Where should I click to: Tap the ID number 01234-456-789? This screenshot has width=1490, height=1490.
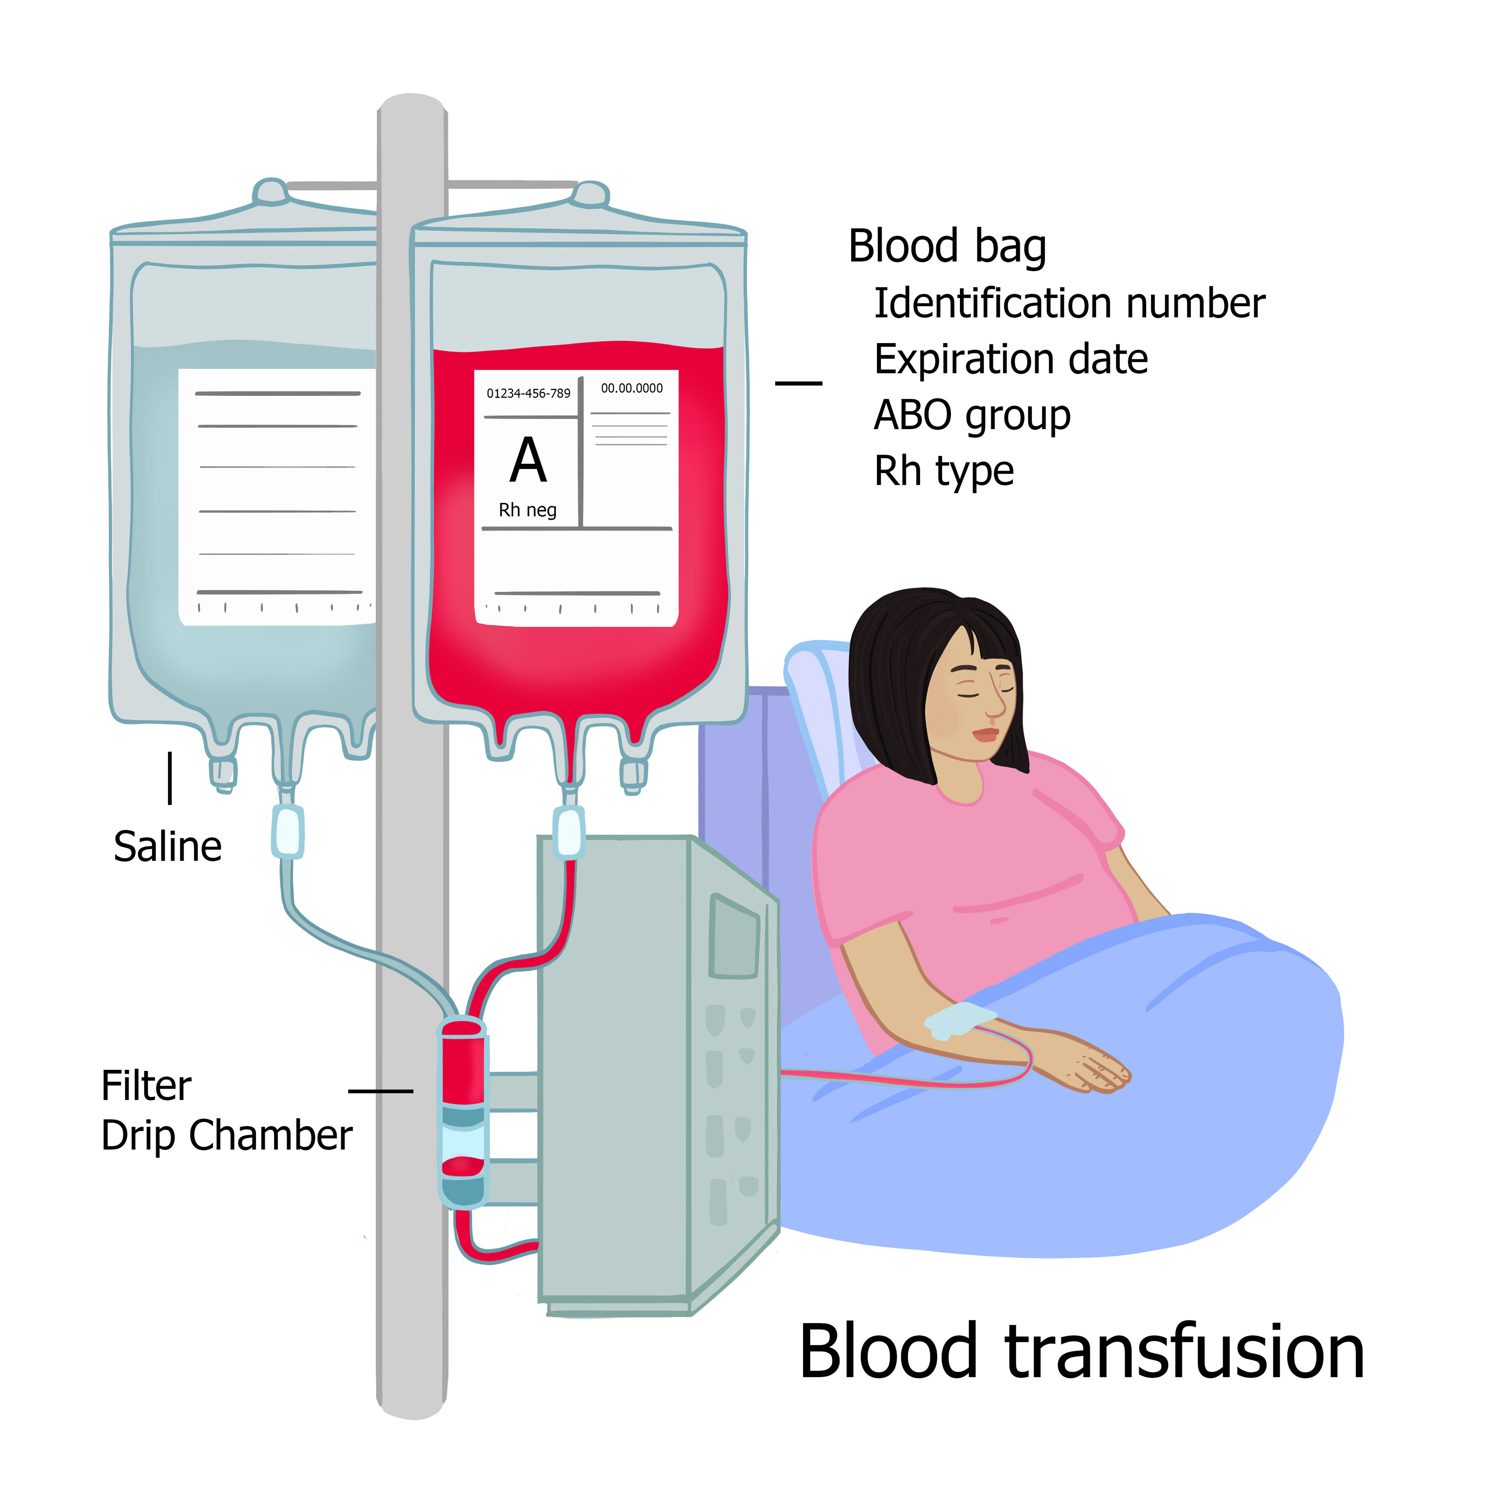[528, 393]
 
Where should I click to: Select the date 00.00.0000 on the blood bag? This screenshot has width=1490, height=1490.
[632, 388]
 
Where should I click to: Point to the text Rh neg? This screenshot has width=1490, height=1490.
[528, 510]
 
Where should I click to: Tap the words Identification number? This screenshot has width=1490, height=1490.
[1069, 303]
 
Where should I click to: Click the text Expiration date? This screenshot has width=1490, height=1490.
[1010, 359]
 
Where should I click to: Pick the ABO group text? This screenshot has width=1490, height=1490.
[972, 416]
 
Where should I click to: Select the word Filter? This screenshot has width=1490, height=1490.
[147, 1086]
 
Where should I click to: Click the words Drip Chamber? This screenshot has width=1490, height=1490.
[227, 1135]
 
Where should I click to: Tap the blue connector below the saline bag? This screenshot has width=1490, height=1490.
[288, 832]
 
